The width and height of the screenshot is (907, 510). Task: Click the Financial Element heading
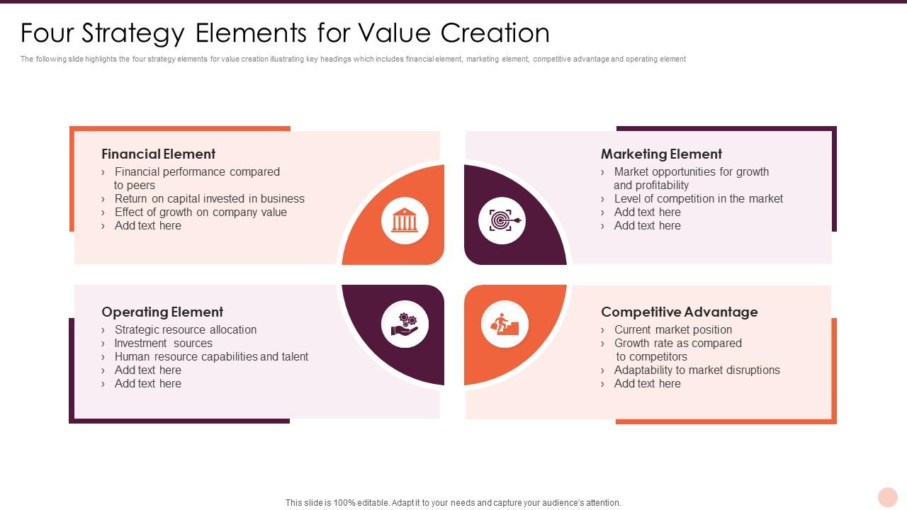(158, 154)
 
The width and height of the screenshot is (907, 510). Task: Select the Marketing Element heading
(661, 154)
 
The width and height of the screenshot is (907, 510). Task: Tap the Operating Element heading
(162, 312)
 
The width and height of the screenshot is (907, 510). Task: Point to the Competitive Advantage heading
(679, 312)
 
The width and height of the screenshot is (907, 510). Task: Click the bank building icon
(405, 221)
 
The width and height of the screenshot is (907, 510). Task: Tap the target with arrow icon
(502, 221)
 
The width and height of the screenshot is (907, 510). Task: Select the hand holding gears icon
(405, 324)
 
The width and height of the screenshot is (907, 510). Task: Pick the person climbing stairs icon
(505, 324)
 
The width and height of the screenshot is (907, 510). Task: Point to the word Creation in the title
(495, 33)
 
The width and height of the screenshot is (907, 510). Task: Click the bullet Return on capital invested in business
(209, 199)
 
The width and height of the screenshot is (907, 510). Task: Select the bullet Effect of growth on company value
(201, 212)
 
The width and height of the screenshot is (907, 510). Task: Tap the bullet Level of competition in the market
(698, 199)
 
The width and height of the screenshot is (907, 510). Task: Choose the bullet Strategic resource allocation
(186, 330)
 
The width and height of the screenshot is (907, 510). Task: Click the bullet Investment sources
(163, 344)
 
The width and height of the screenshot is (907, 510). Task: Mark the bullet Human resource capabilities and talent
(211, 357)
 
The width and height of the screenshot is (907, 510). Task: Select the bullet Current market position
(672, 330)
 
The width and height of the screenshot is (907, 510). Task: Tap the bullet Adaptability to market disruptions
(697, 370)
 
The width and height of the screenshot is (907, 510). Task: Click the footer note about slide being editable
(453, 503)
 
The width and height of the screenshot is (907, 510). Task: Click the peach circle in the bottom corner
(887, 497)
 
